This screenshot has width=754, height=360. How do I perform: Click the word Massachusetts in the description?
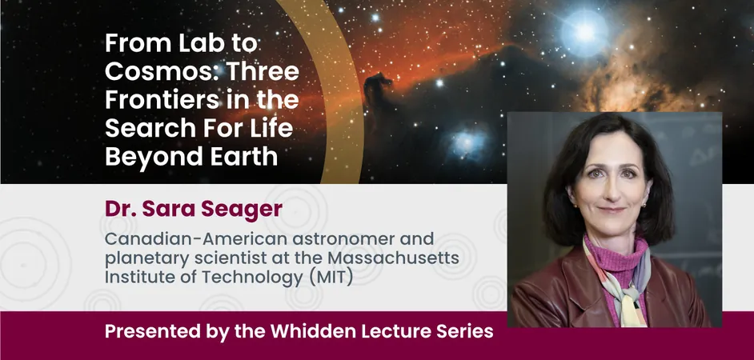point(393,258)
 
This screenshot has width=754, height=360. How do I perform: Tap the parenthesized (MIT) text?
point(331,278)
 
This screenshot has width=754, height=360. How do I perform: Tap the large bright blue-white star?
point(585,33)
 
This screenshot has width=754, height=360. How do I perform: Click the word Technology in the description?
point(252,278)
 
